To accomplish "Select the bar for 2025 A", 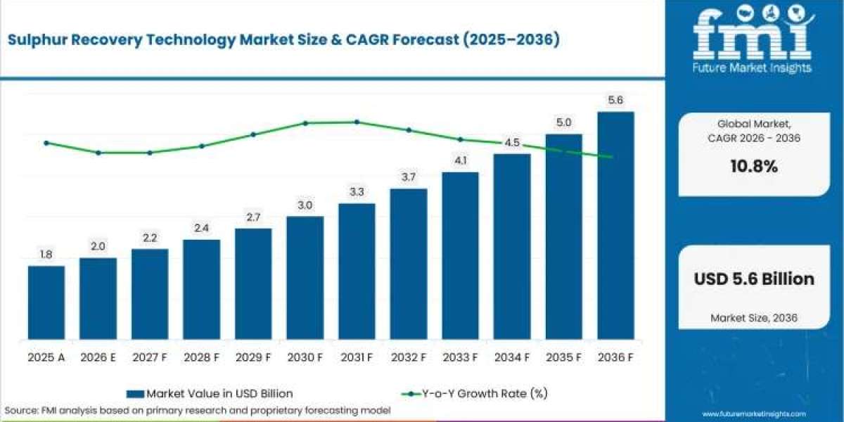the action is [46, 302].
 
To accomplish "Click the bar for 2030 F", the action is [305, 278].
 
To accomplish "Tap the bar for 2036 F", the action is [615, 226].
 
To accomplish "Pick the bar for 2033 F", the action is [461, 256].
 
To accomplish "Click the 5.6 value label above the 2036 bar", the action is [615, 100].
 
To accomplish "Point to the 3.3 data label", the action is [357, 192].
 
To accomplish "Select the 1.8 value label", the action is [46, 255].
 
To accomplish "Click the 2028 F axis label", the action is [201, 357].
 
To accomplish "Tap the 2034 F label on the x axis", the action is [512, 357].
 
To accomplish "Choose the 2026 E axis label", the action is [98, 357].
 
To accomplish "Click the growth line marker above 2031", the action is [357, 122].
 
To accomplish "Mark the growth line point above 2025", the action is [46, 143].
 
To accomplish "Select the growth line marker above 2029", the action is [253, 134].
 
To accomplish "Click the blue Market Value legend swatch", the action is [135, 394].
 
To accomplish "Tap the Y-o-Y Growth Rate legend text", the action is [485, 394].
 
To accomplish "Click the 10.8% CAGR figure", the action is [754, 166].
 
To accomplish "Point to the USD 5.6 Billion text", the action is [754, 279].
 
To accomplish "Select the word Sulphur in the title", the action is [37, 40].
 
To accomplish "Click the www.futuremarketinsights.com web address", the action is [754, 414].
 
